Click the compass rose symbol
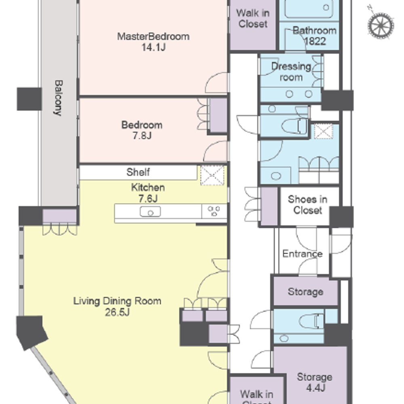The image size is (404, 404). pos(381,25)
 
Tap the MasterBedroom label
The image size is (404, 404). pos(153,36)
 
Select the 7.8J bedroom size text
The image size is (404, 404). pos(142,135)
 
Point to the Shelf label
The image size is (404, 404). pos(138,172)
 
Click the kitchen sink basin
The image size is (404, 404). pos(150,212)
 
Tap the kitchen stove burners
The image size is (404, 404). pos(214,211)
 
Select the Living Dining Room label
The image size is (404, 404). pos(117,301)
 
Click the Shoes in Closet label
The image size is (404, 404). pos(307,204)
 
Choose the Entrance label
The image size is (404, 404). pos(303,254)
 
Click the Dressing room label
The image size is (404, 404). pos(291,72)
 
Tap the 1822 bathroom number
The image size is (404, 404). pos(315,41)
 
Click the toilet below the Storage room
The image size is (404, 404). pos(311,321)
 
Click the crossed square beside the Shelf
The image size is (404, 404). pos(213,175)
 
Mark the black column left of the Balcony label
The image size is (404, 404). pos(29,99)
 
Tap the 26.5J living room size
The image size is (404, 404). pos(117,312)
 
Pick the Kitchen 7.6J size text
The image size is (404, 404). pos(148,199)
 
